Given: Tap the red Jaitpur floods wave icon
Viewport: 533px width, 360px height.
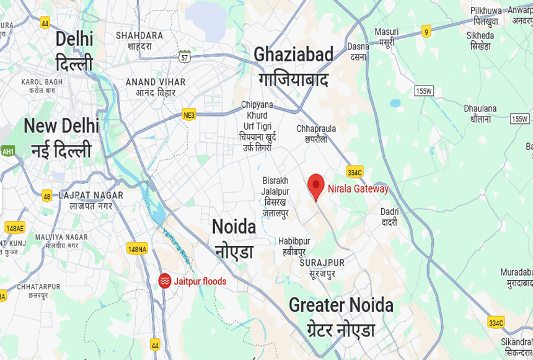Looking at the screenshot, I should (164, 281).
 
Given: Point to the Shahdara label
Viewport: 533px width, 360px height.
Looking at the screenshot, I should (139, 40).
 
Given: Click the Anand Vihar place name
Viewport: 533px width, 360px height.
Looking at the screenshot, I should (156, 87).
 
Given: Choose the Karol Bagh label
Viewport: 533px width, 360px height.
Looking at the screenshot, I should (42, 86).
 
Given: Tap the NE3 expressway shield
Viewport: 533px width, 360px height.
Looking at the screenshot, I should (189, 115).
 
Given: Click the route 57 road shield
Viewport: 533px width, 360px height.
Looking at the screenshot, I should (185, 57).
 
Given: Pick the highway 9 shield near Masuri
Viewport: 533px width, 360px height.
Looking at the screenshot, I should (426, 30).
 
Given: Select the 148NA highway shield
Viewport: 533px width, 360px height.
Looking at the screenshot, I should (137, 248).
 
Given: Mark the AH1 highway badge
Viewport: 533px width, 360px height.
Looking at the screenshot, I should (8, 151).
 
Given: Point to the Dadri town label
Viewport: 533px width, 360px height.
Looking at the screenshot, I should (389, 216).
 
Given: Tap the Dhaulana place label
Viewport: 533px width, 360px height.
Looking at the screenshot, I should (480, 113).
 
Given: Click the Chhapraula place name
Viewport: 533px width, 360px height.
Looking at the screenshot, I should (316, 134).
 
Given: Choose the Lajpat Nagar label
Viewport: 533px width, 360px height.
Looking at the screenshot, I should (90, 200).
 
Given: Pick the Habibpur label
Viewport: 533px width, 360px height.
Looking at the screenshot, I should (294, 246).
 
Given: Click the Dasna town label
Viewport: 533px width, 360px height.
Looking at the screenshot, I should (358, 51).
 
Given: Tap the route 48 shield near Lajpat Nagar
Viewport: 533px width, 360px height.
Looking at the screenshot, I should (47, 196).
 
